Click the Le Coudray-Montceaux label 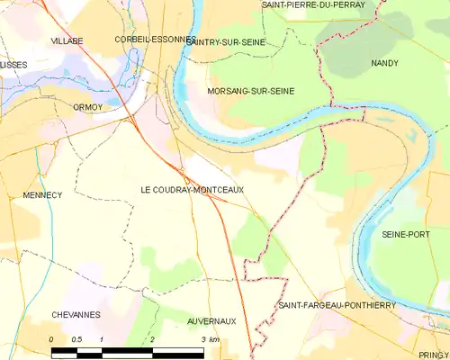pos(192,189)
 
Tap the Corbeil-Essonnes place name pos(155,40)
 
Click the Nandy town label pos(384,63)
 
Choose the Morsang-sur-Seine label pos(250,91)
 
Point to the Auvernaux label pos(211,320)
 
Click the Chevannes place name pos(76,315)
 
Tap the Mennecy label pos(41,194)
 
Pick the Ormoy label pos(89,106)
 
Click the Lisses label pos(13,65)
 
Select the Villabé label pos(67,41)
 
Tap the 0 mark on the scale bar pos(51,339)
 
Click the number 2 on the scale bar pos(153,339)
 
